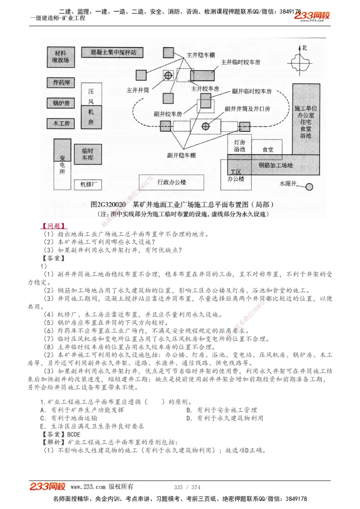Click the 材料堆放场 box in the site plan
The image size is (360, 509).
[59, 56]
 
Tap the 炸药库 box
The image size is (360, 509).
[59, 83]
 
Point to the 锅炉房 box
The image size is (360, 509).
[59, 103]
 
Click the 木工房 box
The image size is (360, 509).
[59, 123]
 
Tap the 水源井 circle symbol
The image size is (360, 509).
[309, 186]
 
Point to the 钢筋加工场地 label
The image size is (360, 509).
[275, 165]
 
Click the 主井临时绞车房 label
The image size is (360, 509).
[240, 63]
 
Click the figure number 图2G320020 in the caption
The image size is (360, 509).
[111, 205]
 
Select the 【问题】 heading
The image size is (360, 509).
[51, 226]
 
